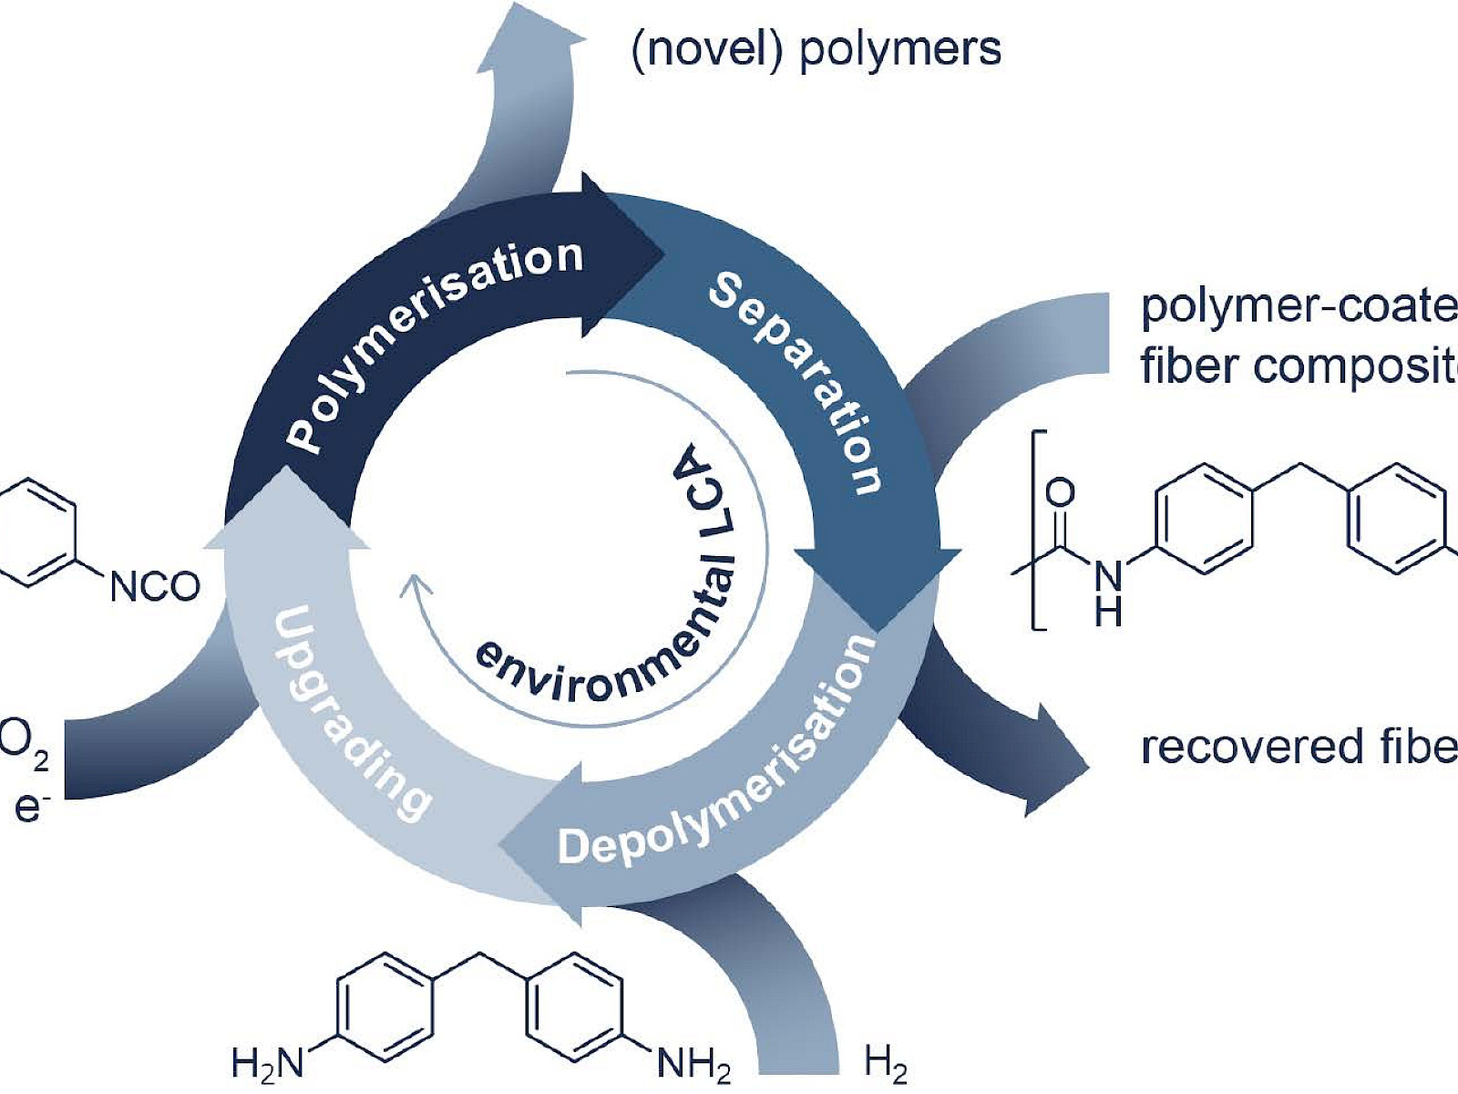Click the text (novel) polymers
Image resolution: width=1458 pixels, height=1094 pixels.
coord(816,49)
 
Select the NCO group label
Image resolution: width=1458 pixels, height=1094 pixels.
coord(155,586)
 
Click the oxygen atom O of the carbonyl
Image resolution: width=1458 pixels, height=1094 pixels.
coord(1060,493)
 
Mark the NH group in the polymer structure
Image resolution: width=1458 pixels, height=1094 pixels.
coord(1108,593)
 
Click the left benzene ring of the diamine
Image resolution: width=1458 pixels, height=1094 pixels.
coord(385,1007)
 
